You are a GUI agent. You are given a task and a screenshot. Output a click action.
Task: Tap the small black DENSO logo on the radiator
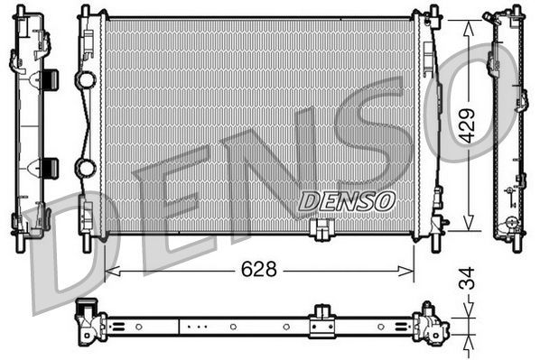pos(346,200)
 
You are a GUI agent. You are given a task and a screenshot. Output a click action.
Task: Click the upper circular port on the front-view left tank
pos(86,80)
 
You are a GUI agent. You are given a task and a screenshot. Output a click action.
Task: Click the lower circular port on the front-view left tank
pos(86,168)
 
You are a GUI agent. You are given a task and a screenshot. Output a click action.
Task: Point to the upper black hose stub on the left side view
pos(50,79)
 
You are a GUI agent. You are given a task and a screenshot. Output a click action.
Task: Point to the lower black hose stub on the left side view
pos(50,167)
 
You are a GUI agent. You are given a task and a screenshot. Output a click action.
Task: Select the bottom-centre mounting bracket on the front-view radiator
pos(319,231)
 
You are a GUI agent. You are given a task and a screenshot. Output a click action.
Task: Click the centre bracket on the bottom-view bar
pos(321,323)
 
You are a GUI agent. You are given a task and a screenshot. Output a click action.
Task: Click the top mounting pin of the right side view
pos(517,14)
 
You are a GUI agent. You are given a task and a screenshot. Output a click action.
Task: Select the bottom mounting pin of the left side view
pos(21,244)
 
